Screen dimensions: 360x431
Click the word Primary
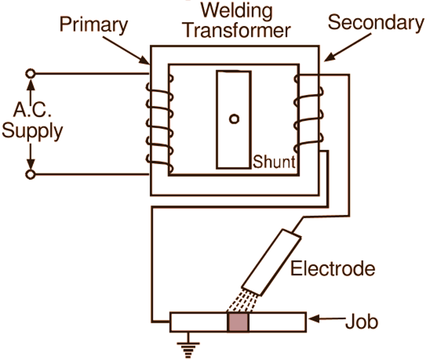[93, 25]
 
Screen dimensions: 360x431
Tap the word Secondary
[375, 23]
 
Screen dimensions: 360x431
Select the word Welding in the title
[236, 10]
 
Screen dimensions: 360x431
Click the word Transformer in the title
[236, 30]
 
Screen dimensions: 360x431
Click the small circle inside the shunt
[234, 119]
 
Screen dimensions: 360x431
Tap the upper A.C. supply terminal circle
[31, 74]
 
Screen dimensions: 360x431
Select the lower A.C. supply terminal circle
[31, 175]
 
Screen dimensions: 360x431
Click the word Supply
[32, 132]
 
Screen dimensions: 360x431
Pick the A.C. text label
[31, 110]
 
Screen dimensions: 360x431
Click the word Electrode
[333, 269]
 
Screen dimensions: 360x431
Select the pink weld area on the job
[239, 322]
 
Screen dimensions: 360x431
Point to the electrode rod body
[271, 261]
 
